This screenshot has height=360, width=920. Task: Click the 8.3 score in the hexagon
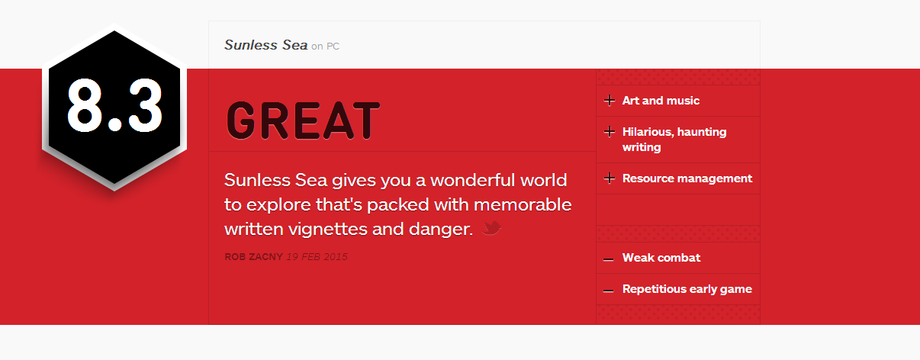(114, 105)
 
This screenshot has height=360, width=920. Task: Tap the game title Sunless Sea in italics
(265, 45)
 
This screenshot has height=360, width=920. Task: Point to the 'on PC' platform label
(325, 47)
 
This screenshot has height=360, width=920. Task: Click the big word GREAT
(303, 121)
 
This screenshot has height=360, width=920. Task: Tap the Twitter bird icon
(491, 228)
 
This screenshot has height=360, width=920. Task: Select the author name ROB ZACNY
(253, 257)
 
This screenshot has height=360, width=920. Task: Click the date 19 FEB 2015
(317, 257)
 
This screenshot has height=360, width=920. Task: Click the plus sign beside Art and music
(610, 101)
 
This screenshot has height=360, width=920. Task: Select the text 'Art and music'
(661, 101)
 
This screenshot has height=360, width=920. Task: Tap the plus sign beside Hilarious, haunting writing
(610, 132)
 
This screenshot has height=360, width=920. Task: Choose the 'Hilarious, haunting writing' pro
(674, 140)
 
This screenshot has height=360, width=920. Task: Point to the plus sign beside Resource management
(610, 178)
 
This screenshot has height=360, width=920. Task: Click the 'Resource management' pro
(687, 178)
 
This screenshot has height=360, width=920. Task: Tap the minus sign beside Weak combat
(608, 259)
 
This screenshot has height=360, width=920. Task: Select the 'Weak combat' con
(661, 258)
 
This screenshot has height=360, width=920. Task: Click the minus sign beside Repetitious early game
(608, 291)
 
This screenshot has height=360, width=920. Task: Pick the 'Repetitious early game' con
(687, 289)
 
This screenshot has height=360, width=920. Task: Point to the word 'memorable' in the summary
(523, 205)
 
